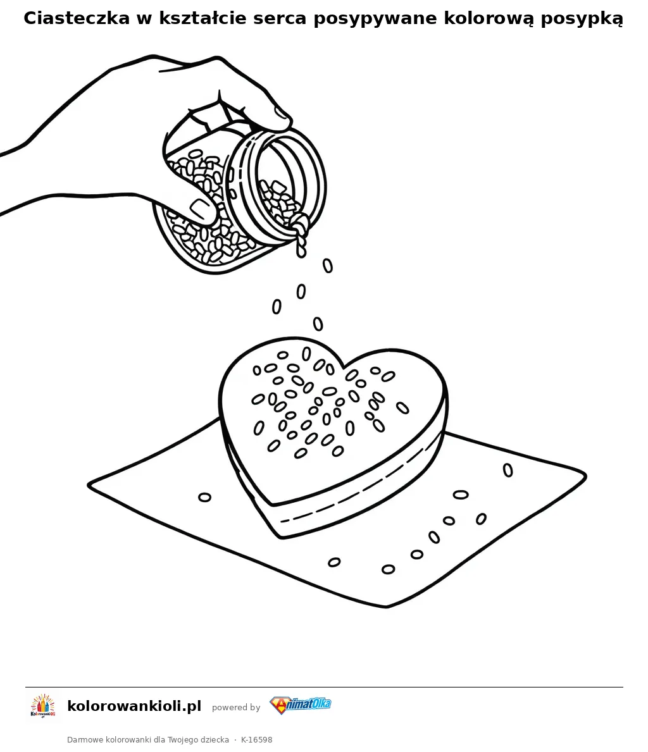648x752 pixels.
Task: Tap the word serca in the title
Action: [280, 19]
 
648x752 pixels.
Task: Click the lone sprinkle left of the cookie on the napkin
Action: [204, 497]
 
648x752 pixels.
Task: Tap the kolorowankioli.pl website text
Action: [134, 706]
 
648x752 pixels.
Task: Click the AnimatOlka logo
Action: [300, 705]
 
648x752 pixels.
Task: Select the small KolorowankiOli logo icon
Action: [43, 706]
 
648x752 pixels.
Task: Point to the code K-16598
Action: [256, 740]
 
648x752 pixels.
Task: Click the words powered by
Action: [235, 707]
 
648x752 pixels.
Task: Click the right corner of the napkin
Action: [586, 476]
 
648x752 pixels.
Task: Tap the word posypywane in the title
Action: [375, 19]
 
